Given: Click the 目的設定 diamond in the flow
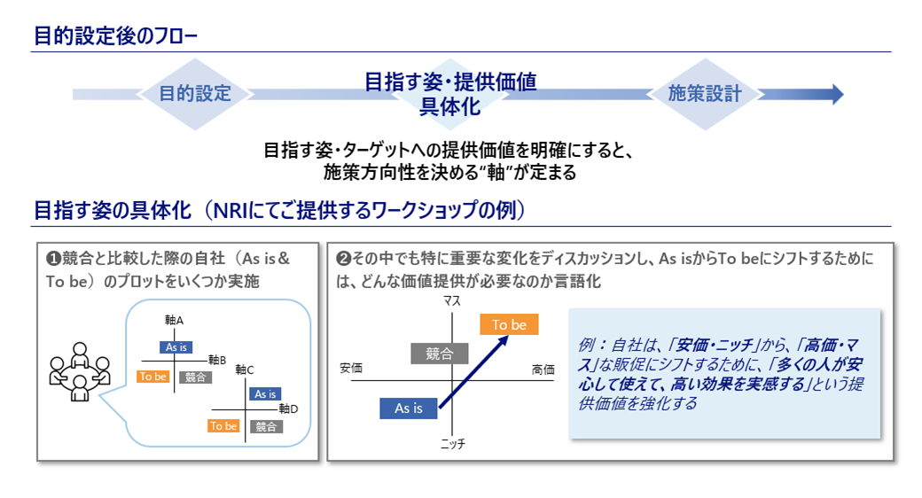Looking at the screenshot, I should pos(194,94).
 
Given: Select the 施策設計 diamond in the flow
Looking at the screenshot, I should pos(704,94).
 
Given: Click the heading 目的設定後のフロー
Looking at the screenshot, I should pos(115,36).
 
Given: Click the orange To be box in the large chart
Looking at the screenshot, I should pos(509,325).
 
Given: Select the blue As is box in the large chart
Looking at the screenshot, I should pos(408,409).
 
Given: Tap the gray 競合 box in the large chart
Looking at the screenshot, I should pos(440,354).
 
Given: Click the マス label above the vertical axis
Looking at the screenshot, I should pos(452,303).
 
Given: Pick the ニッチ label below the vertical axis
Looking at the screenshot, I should pos(452,443).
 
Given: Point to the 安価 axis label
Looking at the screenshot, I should pos(351,369).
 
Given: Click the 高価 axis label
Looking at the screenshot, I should pos(543,369).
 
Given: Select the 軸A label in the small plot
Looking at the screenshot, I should pos(174,319).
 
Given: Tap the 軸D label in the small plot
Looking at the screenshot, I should pos(288,409).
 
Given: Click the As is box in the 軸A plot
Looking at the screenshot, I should pos(176,347).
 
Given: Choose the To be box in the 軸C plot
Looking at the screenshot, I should pos(223,426).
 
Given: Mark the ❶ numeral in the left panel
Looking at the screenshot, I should pos(53,259).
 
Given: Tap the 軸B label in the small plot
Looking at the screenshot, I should pos(217,361).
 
